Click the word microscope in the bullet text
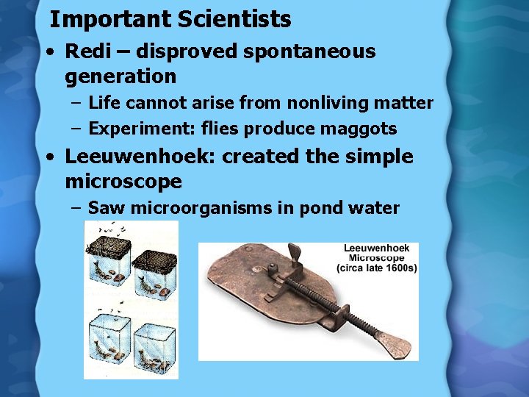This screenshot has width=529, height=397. (123, 181)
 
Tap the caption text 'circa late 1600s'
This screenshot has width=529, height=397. (376, 268)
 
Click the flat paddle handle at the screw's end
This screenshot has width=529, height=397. (393, 342)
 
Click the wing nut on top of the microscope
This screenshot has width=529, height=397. (295, 254)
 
